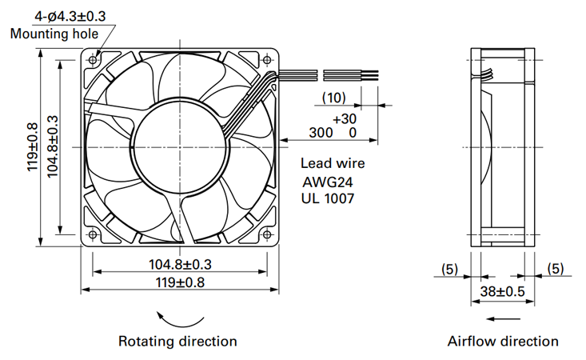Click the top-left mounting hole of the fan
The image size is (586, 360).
(x=93, y=60)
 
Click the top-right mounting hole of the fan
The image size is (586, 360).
(x=267, y=60)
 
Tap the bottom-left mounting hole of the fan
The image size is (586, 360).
(x=93, y=234)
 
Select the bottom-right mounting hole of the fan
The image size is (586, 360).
(x=267, y=234)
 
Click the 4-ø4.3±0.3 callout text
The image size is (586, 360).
(x=70, y=17)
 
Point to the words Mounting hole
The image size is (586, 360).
(x=54, y=34)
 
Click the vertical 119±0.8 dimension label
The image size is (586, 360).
(x=33, y=147)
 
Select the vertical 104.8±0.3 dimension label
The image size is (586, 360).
(x=53, y=146)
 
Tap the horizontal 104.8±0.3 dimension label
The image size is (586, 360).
(x=180, y=264)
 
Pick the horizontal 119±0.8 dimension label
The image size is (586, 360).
(x=180, y=282)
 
